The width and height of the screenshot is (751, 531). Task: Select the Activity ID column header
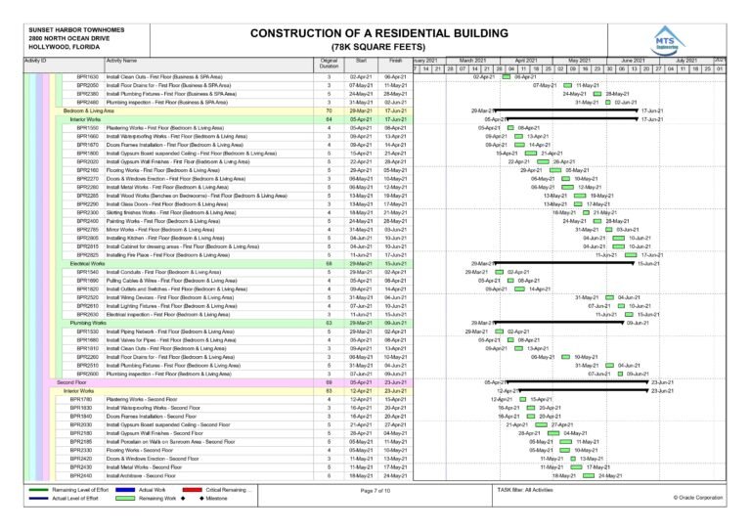(x=35, y=62)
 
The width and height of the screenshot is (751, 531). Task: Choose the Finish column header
(x=395, y=61)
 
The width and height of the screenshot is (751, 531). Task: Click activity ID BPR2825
(x=88, y=254)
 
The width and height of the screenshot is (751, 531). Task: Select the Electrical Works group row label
(x=87, y=263)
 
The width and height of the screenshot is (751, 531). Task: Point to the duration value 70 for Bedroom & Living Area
(x=329, y=111)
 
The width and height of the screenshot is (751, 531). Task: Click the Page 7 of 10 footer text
(x=375, y=490)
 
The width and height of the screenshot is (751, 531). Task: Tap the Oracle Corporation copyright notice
(x=697, y=498)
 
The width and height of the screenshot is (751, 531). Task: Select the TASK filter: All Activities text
(x=525, y=489)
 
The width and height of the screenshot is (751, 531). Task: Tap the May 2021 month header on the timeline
(x=579, y=61)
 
